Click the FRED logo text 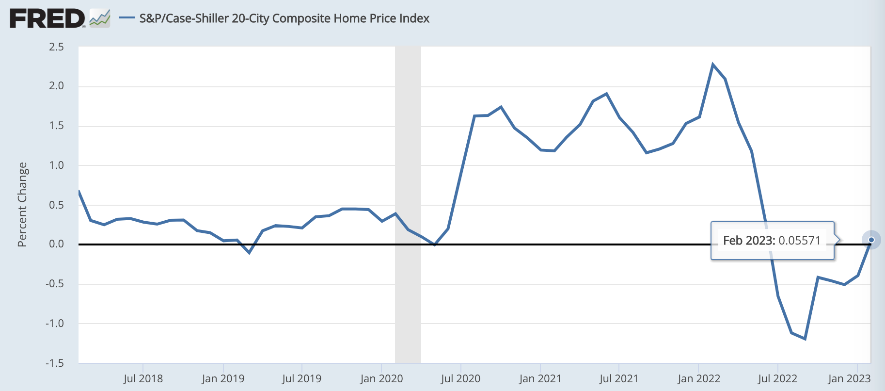[47, 18]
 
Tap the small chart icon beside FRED [100, 18]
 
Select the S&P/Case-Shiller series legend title [284, 18]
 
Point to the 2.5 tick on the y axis [56, 47]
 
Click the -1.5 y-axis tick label [55, 363]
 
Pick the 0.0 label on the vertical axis [56, 244]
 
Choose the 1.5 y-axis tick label [56, 126]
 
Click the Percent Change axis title [22, 205]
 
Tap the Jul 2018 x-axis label [143, 378]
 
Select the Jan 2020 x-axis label [381, 378]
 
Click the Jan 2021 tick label [540, 378]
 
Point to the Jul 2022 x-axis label [777, 378]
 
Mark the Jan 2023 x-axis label [849, 378]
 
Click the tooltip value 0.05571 [799, 241]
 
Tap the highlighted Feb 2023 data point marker [871, 240]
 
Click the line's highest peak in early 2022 [712, 64]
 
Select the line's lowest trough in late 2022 [805, 339]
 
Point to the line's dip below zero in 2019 [249, 253]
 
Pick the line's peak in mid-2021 [606, 94]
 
